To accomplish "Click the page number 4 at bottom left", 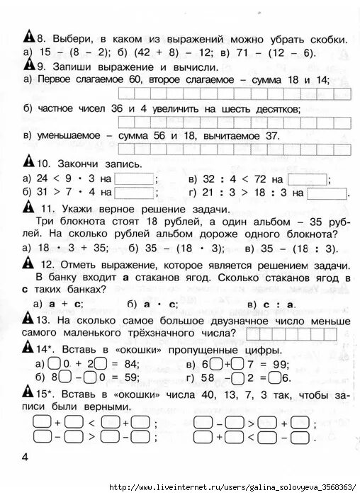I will pyautogui.click(x=26, y=458).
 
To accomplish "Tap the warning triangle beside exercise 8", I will pyautogui.click(x=28, y=37).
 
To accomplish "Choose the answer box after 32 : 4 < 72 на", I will pyautogui.click(x=308, y=178).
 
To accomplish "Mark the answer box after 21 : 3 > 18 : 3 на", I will pyautogui.click(x=327, y=192).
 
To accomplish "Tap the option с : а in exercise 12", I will pyautogui.click(x=279, y=304).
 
